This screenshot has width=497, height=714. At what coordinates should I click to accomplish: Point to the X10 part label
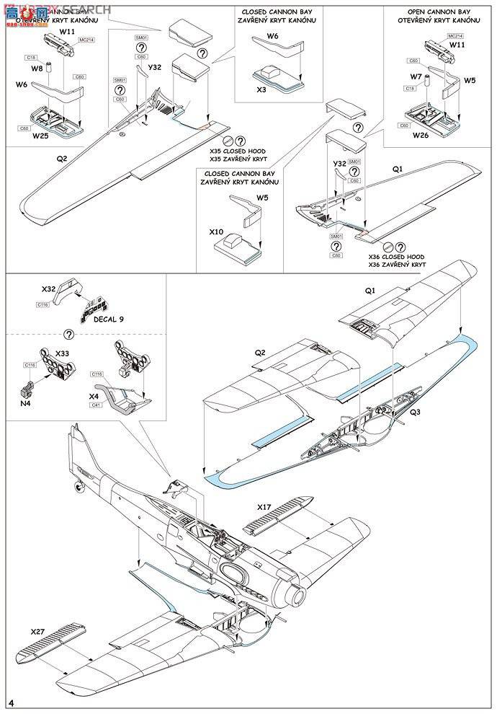(x=216, y=233)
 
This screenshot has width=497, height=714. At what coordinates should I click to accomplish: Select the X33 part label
(x=62, y=354)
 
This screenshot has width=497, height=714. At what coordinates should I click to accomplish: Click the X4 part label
(x=94, y=397)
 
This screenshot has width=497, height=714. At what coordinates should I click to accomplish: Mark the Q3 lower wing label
(x=417, y=413)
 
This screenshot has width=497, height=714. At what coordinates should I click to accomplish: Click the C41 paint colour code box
(x=95, y=406)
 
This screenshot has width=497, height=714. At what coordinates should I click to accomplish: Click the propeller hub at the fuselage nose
(x=297, y=596)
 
